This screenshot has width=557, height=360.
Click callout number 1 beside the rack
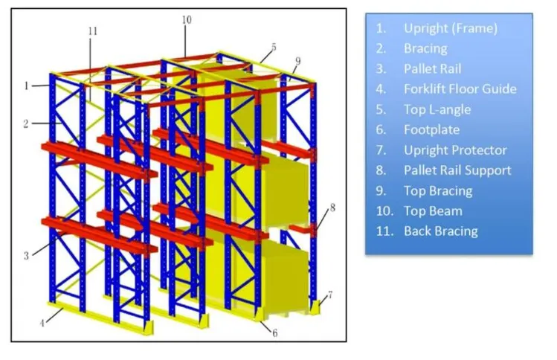click(26, 86)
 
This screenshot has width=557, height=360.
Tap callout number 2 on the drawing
click(26, 124)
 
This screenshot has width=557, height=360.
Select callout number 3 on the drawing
click(26, 256)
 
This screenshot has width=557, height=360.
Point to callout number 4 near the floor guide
click(42, 323)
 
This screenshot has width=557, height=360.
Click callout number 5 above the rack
click(274, 48)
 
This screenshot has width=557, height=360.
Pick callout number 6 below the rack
click(274, 333)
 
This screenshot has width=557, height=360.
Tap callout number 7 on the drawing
click(330, 295)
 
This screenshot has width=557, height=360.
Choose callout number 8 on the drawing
click(332, 208)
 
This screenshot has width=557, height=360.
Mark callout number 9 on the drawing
click(297, 61)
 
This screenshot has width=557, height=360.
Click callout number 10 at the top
click(187, 20)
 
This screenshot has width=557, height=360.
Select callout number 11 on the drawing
click(93, 31)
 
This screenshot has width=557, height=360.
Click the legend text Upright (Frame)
click(451, 28)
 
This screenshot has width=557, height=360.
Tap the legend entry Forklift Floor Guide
click(460, 89)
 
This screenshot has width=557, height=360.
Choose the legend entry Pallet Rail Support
click(457, 170)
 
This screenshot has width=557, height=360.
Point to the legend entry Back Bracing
click(440, 231)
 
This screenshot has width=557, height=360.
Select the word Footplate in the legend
click(431, 129)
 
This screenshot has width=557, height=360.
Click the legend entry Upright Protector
click(455, 150)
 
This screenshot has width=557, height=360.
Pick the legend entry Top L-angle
click(437, 109)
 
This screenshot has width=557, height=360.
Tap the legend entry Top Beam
click(433, 211)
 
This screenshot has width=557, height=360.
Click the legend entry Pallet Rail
click(432, 68)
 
